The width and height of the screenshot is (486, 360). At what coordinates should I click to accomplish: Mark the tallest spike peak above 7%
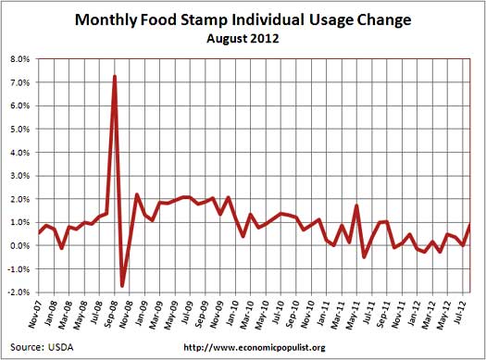point(114,76)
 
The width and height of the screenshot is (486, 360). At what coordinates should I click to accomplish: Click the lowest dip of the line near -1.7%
point(121,285)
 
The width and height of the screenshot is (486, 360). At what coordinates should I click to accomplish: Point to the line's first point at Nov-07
point(40,232)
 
